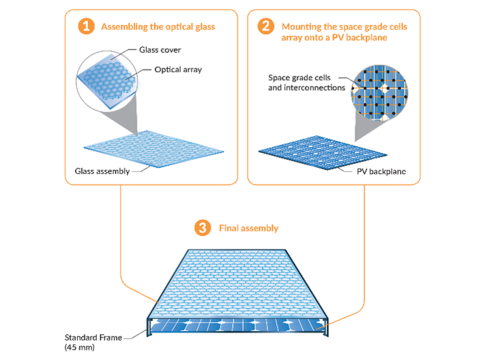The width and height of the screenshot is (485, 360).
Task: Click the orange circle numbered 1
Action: click(86, 26)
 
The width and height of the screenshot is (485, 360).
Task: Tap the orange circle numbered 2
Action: click(266, 26)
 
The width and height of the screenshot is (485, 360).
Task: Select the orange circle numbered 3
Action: click(203, 228)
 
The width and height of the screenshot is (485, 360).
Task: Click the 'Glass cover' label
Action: click(160, 50)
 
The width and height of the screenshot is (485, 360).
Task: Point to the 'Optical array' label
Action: click(178, 70)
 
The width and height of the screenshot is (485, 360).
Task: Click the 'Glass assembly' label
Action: click(102, 171)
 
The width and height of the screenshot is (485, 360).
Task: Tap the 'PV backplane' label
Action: click(381, 171)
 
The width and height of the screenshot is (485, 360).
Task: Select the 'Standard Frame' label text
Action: click(93, 337)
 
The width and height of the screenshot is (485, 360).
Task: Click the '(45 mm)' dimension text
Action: click(79, 347)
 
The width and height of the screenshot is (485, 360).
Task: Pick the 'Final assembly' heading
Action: click(249, 228)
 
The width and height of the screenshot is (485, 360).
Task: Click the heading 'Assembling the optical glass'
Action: click(158, 27)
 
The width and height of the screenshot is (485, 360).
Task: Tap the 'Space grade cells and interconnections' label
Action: click(307, 83)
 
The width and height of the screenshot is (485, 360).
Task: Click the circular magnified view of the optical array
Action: click(106, 80)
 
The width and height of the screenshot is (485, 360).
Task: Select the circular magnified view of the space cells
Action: click(379, 93)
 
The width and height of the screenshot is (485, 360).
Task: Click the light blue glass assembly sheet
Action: click(154, 149)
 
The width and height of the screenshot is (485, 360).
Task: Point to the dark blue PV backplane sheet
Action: click(323, 152)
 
